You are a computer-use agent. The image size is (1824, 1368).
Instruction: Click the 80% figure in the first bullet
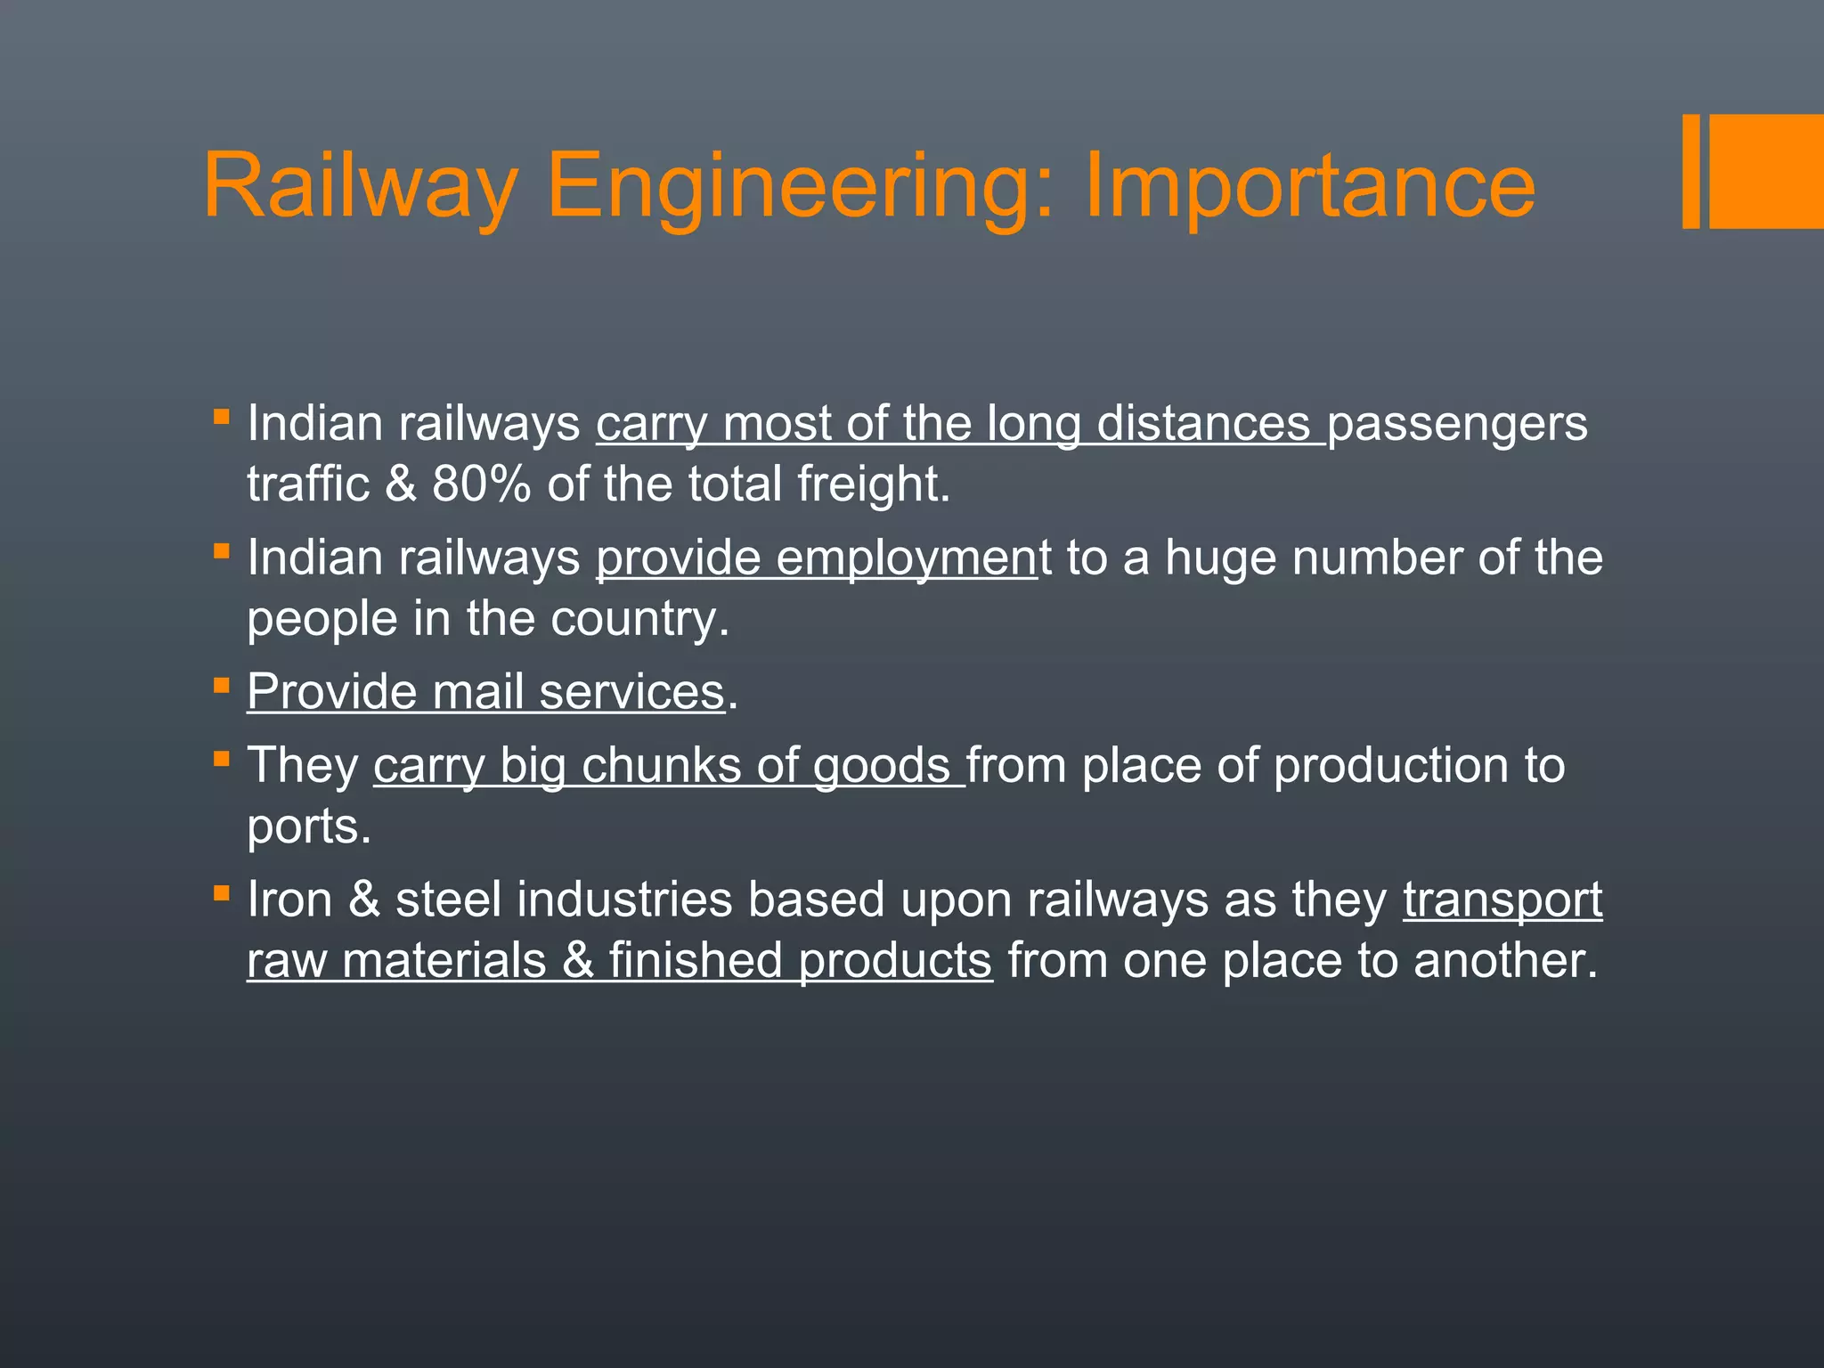(481, 484)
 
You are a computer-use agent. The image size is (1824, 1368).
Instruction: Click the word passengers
(1457, 424)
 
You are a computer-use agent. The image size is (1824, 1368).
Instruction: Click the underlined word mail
(477, 692)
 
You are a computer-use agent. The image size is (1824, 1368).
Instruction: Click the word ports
(308, 827)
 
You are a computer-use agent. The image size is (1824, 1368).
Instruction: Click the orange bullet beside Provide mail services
(222, 686)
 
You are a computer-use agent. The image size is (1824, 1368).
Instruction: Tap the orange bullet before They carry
(222, 759)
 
